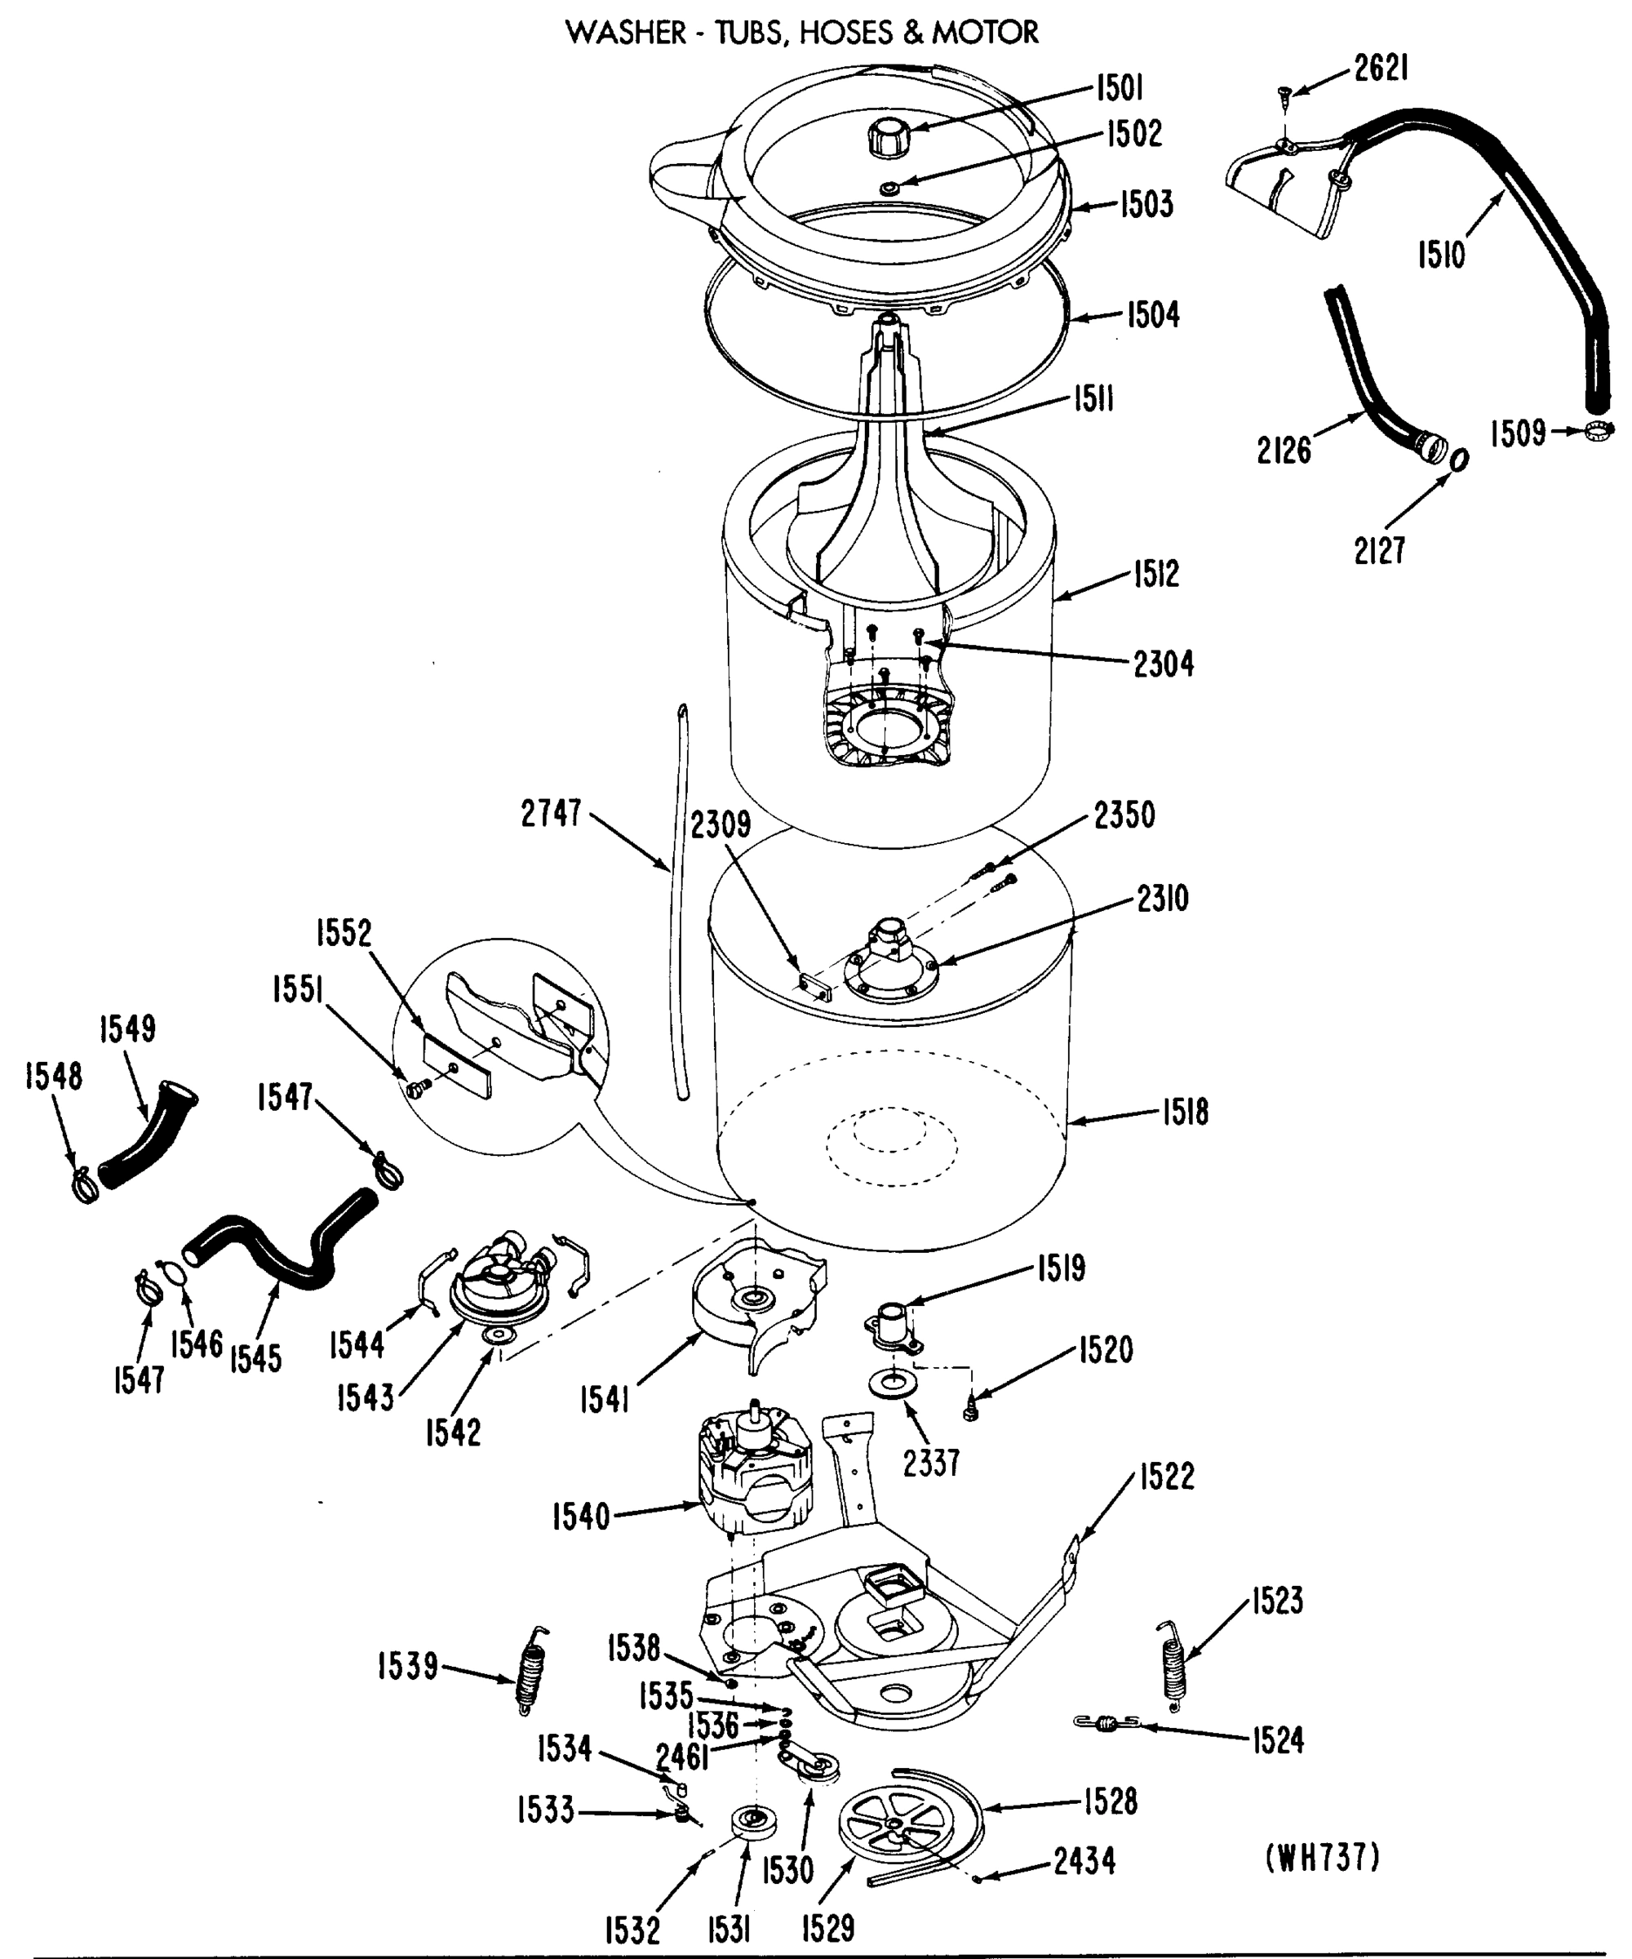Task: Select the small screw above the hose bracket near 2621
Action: click(1284, 93)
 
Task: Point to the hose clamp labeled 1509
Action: click(1599, 430)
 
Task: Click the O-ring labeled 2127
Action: click(1461, 459)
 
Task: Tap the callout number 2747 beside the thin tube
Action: click(550, 814)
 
